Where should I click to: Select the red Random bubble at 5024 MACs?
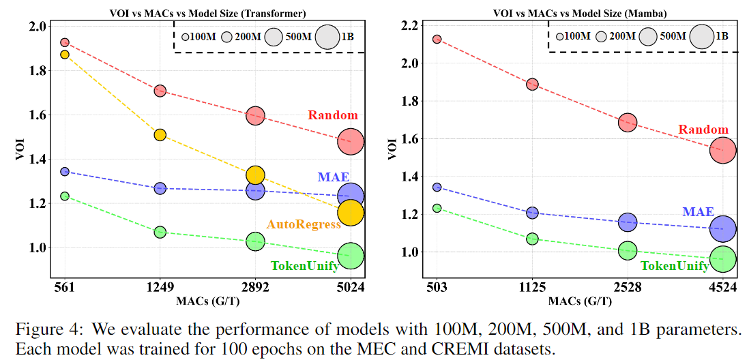351,142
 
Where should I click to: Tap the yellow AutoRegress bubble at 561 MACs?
65,55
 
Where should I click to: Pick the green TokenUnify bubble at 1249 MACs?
160,232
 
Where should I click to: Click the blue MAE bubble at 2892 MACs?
255,191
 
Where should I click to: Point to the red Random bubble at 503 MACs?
437,40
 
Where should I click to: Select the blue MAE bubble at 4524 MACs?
723,229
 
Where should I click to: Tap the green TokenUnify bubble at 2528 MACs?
628,251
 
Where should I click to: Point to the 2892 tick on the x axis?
255,288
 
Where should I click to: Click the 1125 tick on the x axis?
532,288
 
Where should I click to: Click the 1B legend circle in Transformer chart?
327,36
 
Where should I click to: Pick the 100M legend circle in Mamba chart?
559,36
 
